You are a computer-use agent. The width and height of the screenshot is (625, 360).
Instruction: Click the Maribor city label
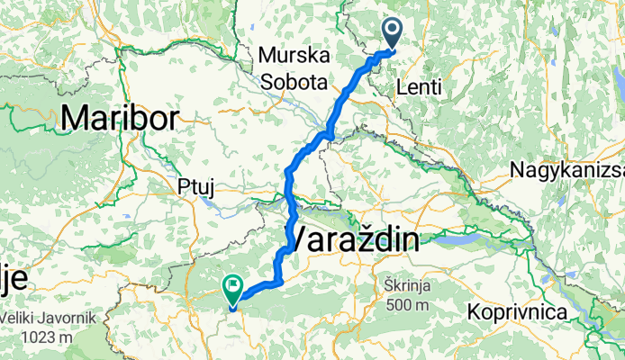coord(122,116)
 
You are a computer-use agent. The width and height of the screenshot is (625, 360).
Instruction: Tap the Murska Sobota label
coord(292,68)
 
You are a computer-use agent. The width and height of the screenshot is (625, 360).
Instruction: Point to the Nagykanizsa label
coord(566,169)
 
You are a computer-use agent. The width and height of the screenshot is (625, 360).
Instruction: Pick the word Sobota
coord(293,81)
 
